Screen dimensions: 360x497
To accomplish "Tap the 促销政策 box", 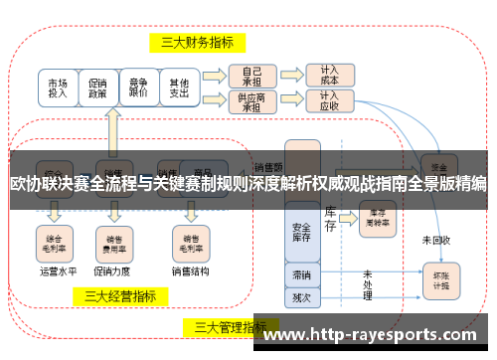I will [98, 88].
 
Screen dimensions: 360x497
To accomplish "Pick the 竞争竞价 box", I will [138, 88].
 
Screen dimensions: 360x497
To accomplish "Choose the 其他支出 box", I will [178, 88].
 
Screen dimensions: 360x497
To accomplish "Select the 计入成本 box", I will [328, 76].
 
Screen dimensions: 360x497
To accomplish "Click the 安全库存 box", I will [302, 231].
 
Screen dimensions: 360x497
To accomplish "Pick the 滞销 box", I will [302, 274].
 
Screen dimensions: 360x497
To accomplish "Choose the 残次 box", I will [302, 295].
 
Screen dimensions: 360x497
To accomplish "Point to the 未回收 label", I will [435, 240].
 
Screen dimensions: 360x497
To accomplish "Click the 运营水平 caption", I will [58, 270].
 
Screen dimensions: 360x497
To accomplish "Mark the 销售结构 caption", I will [189, 270].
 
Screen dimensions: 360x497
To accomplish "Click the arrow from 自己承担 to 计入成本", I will [288, 76].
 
